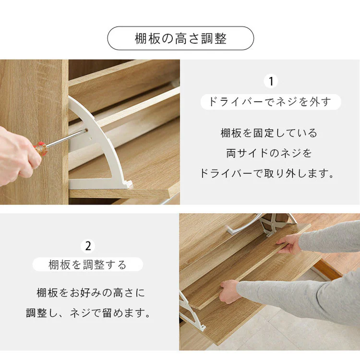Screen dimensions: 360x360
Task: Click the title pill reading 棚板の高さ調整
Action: tap(180, 38)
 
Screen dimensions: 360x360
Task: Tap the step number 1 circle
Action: tap(271, 81)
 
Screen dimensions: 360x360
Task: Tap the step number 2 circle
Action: tap(88, 246)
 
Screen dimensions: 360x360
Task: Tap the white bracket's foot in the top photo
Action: tap(126, 184)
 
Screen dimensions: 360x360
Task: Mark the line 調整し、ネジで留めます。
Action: tap(88, 313)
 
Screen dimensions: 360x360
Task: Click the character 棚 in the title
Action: tap(141, 39)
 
